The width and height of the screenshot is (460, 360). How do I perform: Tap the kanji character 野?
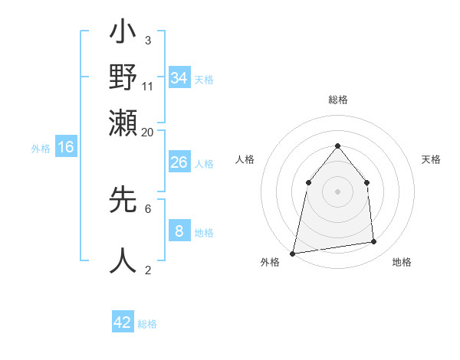pos(123,78)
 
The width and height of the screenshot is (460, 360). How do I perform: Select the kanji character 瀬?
pos(123,121)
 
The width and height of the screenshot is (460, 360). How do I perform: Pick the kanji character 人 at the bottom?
pos(123,260)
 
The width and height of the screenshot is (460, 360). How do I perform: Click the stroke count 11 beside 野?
pos(148,86)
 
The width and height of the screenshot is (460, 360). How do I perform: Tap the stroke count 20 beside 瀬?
pos(148,132)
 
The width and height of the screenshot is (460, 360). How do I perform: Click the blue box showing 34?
pos(179,78)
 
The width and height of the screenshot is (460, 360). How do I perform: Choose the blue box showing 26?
pos(179,162)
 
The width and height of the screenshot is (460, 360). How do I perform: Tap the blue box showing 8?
pos(179,231)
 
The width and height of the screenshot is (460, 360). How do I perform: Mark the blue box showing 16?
pos(66,147)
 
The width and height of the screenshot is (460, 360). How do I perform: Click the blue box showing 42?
pos(123,322)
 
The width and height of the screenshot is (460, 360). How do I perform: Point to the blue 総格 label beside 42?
pos(147,324)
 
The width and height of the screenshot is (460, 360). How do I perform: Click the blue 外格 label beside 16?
pos(41,149)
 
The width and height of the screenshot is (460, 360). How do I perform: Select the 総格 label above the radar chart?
pos(337,100)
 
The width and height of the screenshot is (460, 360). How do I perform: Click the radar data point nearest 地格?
pos(374,242)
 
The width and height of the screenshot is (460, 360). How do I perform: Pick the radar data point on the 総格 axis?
pos(337,146)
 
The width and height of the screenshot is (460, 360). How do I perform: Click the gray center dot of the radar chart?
pos(337,191)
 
